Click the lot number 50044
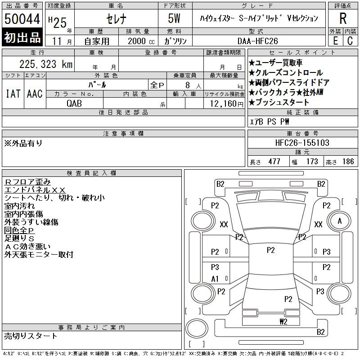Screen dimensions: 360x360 (x=22, y=19)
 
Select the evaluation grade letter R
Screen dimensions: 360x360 (x=343, y=18)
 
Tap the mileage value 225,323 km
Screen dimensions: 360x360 (x=46, y=64)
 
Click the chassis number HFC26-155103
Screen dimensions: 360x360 (x=302, y=143)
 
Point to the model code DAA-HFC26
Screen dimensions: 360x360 (x=257, y=41)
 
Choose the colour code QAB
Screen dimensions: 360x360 (x=74, y=103)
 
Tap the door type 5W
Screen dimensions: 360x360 (x=174, y=18)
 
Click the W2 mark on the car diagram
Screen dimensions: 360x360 (x=283, y=322)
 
